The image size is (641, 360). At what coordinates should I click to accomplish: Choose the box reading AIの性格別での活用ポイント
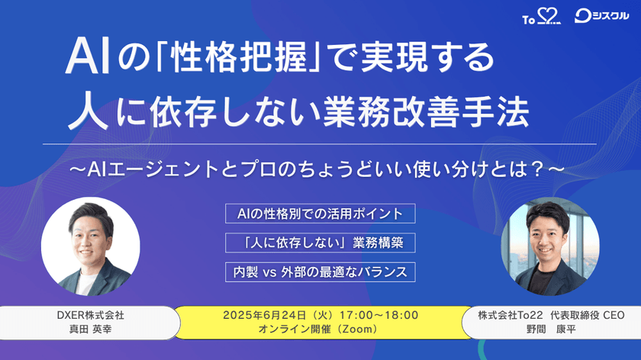point(320,213)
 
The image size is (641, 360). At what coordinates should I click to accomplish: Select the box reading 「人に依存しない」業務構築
point(320,243)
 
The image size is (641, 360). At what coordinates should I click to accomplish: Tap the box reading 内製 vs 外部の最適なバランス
point(320,271)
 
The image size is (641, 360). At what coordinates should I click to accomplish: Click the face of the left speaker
point(91,232)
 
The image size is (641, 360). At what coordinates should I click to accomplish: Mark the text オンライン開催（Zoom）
point(320,329)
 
